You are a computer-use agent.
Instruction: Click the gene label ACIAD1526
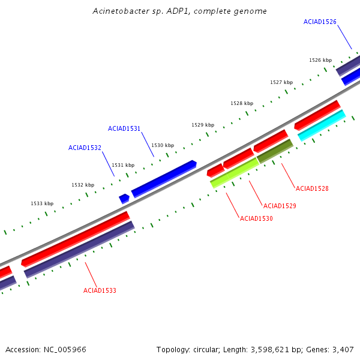320,22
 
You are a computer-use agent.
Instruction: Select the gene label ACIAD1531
124,128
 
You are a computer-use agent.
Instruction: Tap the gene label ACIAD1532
85,148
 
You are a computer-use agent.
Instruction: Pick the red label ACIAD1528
312,188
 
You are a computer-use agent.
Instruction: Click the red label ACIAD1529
280,206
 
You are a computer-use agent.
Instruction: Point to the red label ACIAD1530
256,218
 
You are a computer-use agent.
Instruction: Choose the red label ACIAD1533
100,290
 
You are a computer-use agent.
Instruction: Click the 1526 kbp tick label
320,60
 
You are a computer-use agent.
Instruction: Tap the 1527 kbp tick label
281,82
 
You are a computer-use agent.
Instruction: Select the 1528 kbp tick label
242,103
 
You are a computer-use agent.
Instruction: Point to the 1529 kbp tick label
203,125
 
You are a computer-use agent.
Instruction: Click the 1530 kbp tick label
163,145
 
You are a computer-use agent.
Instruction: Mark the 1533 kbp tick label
42,203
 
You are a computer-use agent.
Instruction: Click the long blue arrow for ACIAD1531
164,178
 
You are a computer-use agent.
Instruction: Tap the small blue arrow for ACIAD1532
124,198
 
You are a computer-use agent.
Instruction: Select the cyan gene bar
322,125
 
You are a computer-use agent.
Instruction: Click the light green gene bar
235,173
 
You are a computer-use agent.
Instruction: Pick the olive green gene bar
275,151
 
